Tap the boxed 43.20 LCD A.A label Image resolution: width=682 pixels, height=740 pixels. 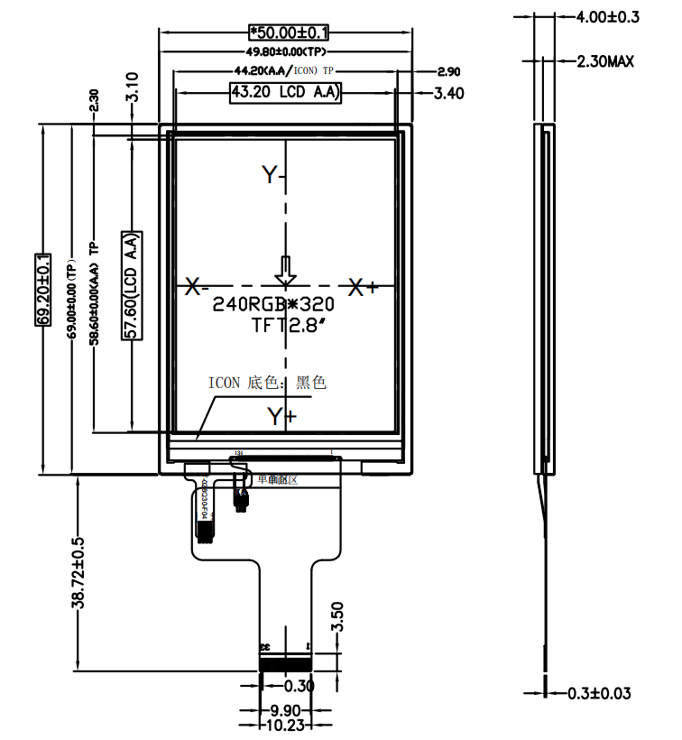pos(285,92)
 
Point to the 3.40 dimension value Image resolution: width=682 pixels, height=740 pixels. pos(448,93)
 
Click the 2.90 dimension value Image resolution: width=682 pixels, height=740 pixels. pos(448,71)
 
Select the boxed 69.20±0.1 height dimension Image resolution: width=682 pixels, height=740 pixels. pos(42,289)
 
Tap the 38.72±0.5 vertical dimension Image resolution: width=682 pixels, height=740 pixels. pos(78,572)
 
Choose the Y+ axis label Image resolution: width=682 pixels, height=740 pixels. pos(281,415)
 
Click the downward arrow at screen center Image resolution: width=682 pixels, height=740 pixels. pos(285,270)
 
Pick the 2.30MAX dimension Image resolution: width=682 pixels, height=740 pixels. pos(605,61)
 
